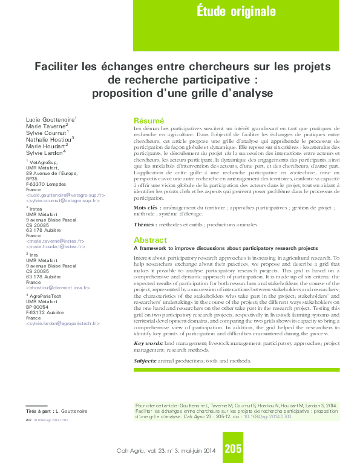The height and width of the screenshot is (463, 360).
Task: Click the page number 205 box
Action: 233,448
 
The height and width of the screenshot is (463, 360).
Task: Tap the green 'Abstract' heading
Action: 150,240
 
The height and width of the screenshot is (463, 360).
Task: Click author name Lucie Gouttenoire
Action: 50,120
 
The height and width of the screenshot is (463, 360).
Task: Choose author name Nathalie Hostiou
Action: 49,139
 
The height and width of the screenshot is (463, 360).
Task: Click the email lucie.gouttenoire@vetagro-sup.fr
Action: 66,196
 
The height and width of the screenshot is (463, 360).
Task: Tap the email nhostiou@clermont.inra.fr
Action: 57,287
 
